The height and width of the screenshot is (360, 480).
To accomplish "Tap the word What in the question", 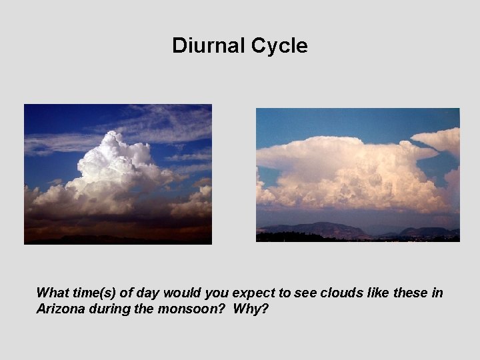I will tap(52, 293).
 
